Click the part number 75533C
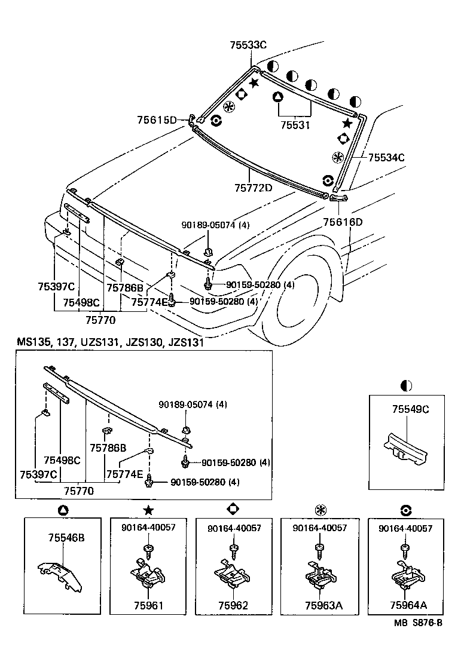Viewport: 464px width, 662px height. coord(248,45)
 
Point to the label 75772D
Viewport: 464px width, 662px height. coord(253,188)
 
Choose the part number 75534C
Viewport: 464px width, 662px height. coord(386,158)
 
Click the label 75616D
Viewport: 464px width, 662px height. coord(343,222)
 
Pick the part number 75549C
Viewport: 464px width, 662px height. coord(411,409)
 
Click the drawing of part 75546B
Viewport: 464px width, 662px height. coord(59,574)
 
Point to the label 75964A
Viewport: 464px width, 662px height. coord(408,605)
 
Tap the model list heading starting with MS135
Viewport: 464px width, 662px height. coord(110,342)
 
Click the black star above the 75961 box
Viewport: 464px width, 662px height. coord(148,510)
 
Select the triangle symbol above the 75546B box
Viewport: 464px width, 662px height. coord(63,510)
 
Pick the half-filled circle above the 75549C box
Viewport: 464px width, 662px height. coord(408,386)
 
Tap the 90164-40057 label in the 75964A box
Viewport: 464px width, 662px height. coord(405,528)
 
